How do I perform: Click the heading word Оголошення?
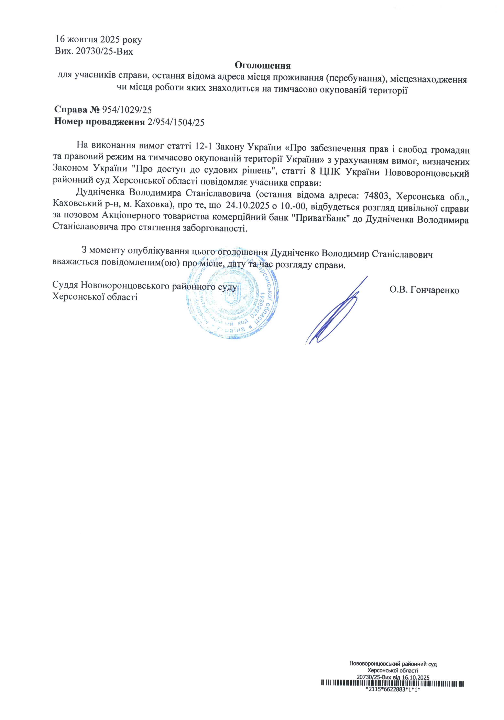pos(262,66)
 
